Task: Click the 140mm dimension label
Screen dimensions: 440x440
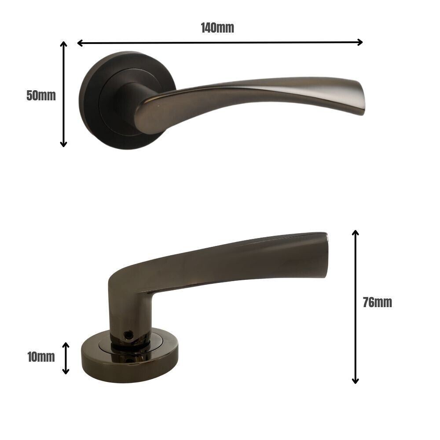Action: pos(217,28)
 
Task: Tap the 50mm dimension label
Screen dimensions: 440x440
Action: pos(41,95)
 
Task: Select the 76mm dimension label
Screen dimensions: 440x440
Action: pos(377,303)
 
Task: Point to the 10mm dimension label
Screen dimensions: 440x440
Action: pos(41,357)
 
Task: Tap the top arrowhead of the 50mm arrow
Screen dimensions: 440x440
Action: pos(64,44)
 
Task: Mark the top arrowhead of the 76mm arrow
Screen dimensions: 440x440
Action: pos(356,233)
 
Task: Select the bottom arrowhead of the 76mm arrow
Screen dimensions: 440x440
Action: pos(356,381)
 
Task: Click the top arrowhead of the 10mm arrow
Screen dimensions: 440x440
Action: pos(66,345)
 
